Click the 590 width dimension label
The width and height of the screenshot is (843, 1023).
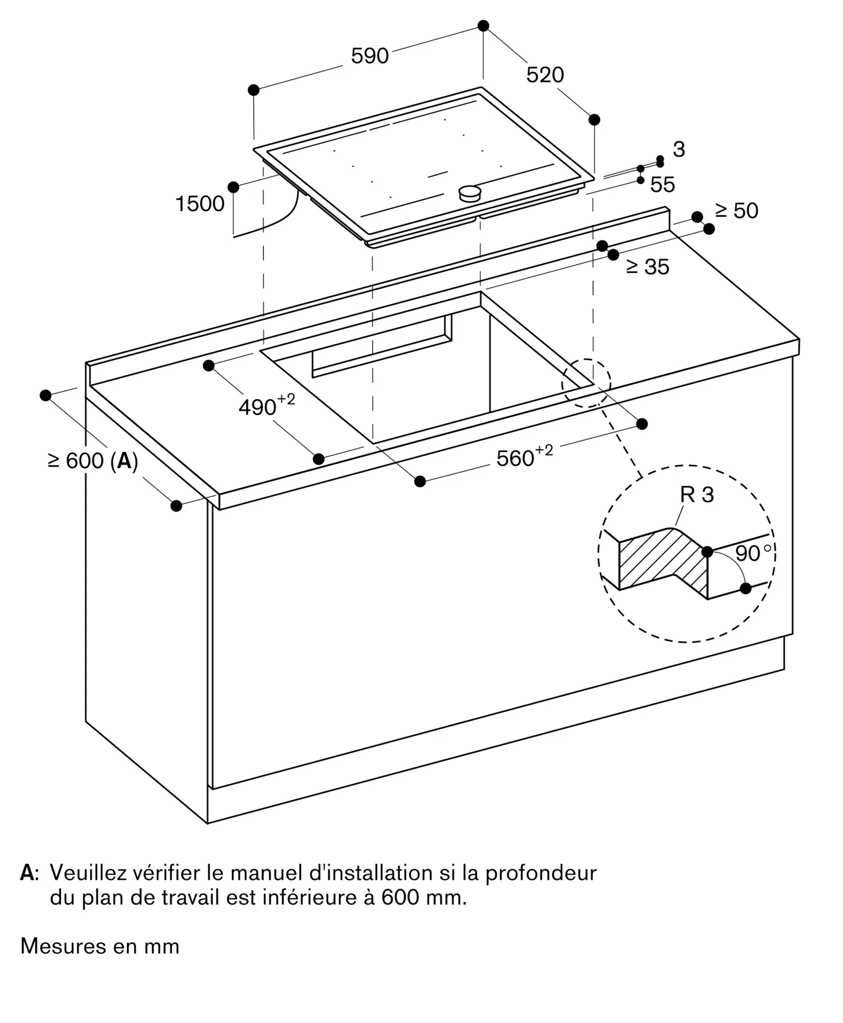pyautogui.click(x=370, y=56)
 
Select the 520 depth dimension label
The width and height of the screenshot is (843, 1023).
pyautogui.click(x=545, y=75)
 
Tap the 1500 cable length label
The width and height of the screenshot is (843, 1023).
pyautogui.click(x=200, y=204)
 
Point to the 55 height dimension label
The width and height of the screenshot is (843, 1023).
pyautogui.click(x=662, y=185)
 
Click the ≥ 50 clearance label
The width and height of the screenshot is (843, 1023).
pyautogui.click(x=737, y=211)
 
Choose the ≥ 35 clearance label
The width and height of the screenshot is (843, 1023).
pyautogui.click(x=647, y=267)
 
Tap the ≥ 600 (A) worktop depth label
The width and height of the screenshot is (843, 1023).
pyautogui.click(x=93, y=461)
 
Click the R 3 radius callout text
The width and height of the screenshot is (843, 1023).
pyautogui.click(x=697, y=495)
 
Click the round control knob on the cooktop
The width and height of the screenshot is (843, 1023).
pyautogui.click(x=469, y=193)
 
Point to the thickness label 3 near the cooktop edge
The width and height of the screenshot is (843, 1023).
pyautogui.click(x=679, y=149)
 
